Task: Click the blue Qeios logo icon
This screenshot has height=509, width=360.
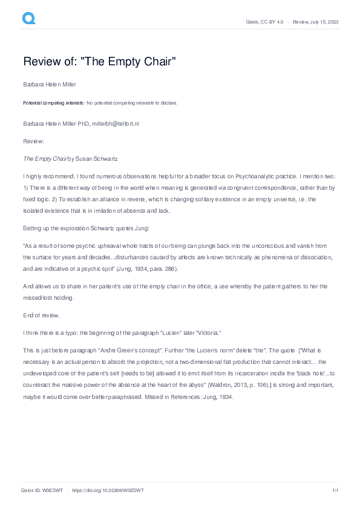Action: click(29, 19)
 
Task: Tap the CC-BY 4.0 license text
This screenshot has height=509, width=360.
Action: click(270, 22)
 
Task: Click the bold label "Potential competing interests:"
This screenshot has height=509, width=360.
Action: click(54, 103)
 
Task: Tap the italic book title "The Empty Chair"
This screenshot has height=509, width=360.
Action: click(44, 158)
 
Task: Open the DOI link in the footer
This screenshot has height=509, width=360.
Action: click(108, 490)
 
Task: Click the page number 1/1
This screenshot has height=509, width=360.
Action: click(335, 490)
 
